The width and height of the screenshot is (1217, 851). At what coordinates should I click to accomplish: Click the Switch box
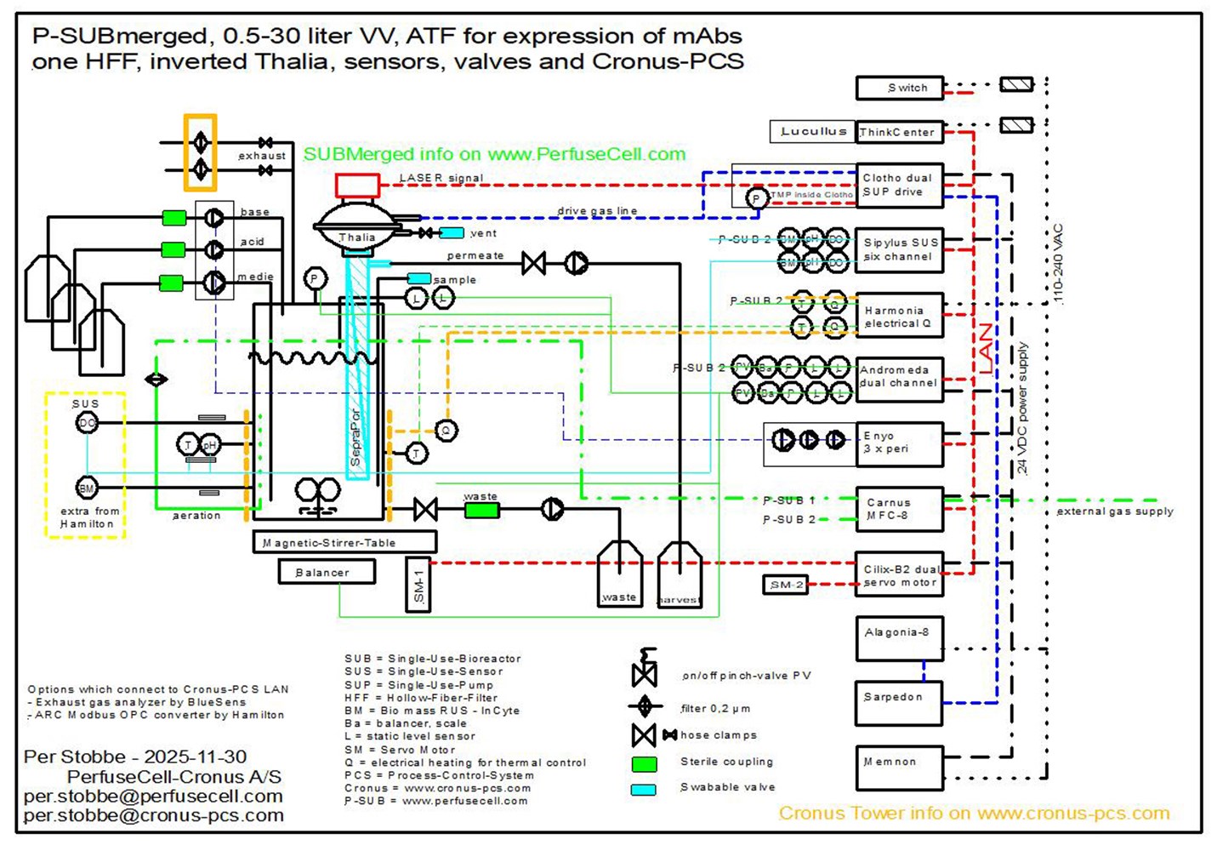(899, 88)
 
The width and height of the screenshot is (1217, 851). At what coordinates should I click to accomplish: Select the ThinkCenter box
(899, 132)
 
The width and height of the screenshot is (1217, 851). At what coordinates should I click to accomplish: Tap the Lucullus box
(812, 132)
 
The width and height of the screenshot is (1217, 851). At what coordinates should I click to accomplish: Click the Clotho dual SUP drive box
(899, 186)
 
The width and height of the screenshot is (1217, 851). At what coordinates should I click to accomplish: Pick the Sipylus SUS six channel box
(899, 249)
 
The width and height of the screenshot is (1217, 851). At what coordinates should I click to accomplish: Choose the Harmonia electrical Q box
(899, 317)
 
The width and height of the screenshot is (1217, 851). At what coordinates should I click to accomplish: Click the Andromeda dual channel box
(899, 377)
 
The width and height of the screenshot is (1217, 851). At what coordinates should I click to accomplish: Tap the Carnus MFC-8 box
(899, 509)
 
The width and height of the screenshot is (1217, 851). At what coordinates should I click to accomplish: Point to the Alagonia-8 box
(899, 639)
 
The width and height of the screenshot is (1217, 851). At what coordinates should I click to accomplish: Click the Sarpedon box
(899, 703)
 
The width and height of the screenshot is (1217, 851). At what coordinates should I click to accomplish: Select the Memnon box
(899, 768)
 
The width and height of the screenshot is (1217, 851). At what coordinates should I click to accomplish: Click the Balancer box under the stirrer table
(327, 573)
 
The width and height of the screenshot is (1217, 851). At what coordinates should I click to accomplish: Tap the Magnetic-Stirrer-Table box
(344, 542)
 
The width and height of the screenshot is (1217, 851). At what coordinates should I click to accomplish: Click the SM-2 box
(786, 585)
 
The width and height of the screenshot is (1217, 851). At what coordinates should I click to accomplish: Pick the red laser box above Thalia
(357, 185)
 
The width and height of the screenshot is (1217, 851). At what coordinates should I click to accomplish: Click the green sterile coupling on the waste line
(481, 511)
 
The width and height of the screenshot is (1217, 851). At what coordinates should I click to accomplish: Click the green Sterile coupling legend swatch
(644, 763)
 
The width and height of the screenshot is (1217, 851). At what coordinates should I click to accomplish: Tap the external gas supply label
(1114, 511)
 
